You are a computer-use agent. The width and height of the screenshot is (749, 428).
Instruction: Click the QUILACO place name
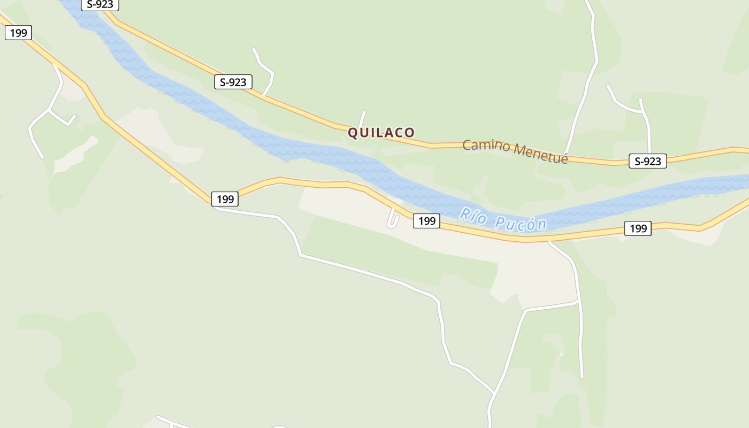click(x=381, y=132)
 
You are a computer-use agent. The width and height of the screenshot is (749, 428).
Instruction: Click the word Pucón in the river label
click(x=519, y=223)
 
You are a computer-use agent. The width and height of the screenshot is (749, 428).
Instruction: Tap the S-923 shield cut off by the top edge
click(x=100, y=5)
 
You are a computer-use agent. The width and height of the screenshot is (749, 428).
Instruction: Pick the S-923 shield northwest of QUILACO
click(x=233, y=82)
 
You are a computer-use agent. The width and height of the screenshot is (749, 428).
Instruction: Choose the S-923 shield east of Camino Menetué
click(x=647, y=161)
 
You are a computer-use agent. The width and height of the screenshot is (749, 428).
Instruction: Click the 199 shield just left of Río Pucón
click(x=426, y=220)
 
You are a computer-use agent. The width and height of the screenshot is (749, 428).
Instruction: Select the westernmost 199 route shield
click(x=19, y=33)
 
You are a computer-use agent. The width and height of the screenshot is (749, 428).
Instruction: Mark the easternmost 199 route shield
click(x=638, y=228)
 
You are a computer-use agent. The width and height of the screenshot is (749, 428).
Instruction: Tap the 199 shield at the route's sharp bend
click(x=225, y=199)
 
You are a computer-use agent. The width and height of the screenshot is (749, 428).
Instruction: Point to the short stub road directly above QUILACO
click(x=363, y=119)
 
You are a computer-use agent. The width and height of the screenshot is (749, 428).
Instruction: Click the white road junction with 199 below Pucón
click(x=549, y=241)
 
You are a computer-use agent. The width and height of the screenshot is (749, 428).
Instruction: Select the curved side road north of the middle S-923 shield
click(x=265, y=70)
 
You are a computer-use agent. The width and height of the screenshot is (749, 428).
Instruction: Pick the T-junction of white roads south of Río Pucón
click(x=579, y=303)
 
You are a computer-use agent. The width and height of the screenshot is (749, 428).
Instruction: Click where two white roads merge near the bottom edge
click(x=493, y=394)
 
